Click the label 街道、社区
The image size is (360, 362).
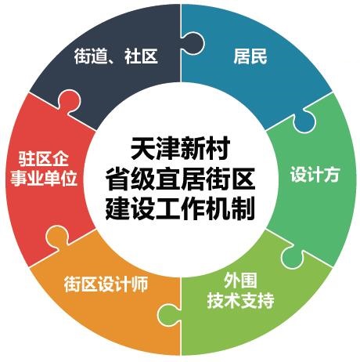(116, 56)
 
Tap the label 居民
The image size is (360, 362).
(250, 56)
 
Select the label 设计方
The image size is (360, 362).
(315, 174)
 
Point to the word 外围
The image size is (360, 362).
(240, 281)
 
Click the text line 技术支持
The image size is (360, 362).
(240, 301)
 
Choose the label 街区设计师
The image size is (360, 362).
(106, 284)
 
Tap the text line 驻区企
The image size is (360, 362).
(43, 158)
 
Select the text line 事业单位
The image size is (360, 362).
(44, 178)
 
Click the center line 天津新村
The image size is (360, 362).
(180, 149)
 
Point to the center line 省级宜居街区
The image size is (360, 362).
(180, 179)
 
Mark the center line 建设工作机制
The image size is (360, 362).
(180, 208)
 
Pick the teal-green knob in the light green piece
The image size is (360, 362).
(293, 257)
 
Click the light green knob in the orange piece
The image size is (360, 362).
(169, 316)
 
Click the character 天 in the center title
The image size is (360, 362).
(142, 149)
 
